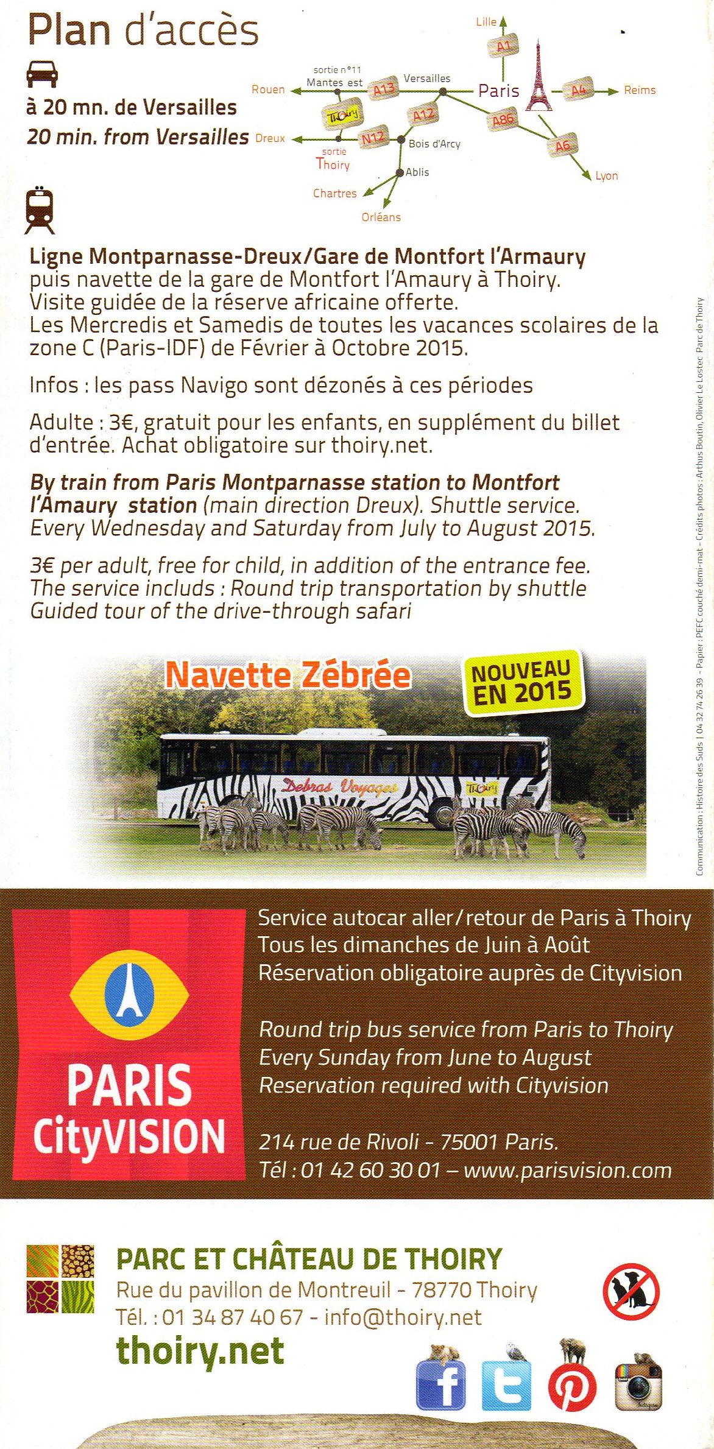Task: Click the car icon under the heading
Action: click(42, 74)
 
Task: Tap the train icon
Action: click(40, 211)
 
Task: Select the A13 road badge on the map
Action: click(384, 90)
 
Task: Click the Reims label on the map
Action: click(640, 90)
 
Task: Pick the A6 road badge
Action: click(562, 145)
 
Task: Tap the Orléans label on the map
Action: click(381, 217)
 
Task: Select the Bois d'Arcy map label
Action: click(434, 144)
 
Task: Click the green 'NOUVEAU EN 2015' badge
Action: click(521, 682)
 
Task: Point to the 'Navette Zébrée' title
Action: click(288, 675)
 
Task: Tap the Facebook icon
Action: click(440, 1386)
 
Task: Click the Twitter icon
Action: click(506, 1386)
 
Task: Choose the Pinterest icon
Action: click(572, 1386)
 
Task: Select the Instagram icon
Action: click(638, 1386)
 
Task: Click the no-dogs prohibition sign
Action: click(631, 1291)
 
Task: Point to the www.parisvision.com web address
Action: click(567, 1171)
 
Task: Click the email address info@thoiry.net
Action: click(403, 1317)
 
